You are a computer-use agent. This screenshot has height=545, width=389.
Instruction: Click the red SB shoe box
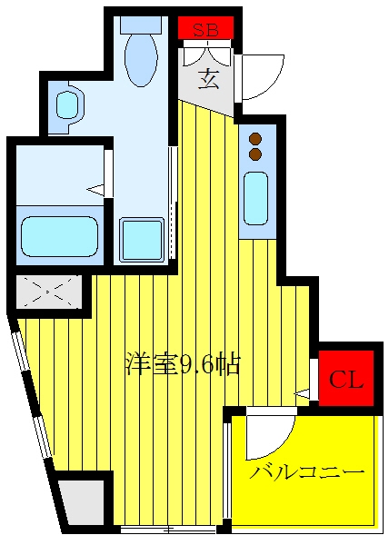[x=205, y=28]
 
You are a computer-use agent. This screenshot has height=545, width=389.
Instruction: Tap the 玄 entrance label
[x=209, y=79]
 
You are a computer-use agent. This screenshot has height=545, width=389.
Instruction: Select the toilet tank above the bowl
[x=141, y=25]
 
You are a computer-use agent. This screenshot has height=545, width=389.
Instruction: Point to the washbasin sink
[x=66, y=105]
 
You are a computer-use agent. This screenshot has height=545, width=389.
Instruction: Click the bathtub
[x=59, y=237]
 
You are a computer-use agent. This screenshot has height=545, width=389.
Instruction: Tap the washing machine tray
[x=142, y=239]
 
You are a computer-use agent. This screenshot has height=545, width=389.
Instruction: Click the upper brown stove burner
[x=255, y=139]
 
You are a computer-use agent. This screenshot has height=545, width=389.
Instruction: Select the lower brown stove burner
[x=255, y=154]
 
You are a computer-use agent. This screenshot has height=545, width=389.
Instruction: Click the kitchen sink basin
[x=256, y=198]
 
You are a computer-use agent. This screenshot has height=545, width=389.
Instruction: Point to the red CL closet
[x=346, y=378]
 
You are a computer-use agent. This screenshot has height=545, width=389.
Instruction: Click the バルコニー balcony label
[x=307, y=472]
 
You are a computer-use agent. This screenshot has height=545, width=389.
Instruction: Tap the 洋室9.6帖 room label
[x=183, y=364]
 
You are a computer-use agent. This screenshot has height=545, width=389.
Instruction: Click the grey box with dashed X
[x=49, y=292]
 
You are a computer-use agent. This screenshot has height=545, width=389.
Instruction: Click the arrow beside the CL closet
[x=302, y=393]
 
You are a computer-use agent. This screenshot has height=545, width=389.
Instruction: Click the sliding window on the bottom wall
[x=168, y=530]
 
